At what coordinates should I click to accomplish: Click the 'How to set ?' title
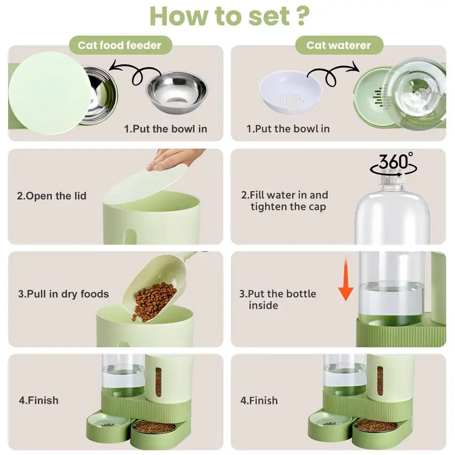coord(229,16)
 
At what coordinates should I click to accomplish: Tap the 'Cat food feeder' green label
coord(119,45)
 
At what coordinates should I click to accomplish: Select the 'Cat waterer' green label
coord(338,45)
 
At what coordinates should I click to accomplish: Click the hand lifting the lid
coord(177,158)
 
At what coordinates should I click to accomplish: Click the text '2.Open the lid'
coord(52,196)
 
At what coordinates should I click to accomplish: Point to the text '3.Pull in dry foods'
coord(64,294)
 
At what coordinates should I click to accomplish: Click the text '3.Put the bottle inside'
coord(277,299)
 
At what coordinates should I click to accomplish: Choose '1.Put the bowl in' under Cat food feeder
coord(165,128)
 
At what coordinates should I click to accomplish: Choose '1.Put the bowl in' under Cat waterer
coord(288,128)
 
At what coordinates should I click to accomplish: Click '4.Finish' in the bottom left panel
coord(39,400)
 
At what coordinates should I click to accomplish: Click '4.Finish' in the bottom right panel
coord(259,400)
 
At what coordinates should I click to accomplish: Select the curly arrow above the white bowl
coord(331,73)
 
